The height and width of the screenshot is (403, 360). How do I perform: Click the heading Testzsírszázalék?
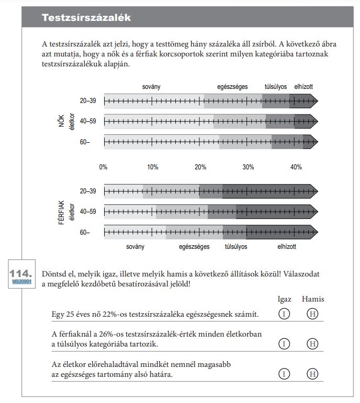click(x=86, y=18)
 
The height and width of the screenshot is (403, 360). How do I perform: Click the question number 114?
click(x=21, y=273)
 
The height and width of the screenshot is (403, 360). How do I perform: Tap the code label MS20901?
click(x=22, y=282)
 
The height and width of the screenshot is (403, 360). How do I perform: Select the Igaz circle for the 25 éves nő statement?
click(x=284, y=314)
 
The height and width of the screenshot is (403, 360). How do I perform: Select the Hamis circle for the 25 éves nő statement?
click(x=312, y=314)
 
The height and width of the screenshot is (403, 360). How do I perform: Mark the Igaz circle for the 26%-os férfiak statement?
click(x=284, y=343)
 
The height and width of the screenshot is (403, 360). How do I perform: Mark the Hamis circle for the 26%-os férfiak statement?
click(x=312, y=343)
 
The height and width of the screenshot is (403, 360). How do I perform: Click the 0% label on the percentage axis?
click(x=104, y=167)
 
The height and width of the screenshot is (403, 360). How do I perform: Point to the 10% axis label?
click(x=152, y=167)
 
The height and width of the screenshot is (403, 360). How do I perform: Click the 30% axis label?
click(x=248, y=167)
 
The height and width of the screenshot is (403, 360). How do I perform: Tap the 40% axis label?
click(x=296, y=167)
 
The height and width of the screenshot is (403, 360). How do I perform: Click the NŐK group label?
click(x=60, y=121)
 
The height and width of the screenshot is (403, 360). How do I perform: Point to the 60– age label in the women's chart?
click(x=85, y=142)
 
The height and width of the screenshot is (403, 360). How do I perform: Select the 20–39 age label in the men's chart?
click(x=88, y=191)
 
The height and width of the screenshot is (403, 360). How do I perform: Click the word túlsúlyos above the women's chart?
click(x=276, y=86)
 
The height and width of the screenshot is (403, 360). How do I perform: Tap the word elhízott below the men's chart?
click(x=287, y=246)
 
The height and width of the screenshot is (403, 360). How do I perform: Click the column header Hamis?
click(x=313, y=300)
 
